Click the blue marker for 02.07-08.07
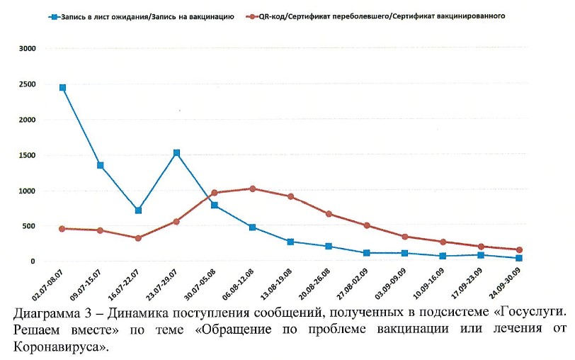tap(62, 88)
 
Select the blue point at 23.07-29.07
tap(176, 153)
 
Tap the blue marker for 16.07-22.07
tap(138, 210)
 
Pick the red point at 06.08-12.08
tap(252, 189)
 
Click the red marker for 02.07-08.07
tap(62, 229)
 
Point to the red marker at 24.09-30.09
tap(519, 250)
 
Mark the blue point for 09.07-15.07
tap(101, 166)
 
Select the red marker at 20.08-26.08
tap(329, 214)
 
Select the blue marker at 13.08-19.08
tap(290, 242)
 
